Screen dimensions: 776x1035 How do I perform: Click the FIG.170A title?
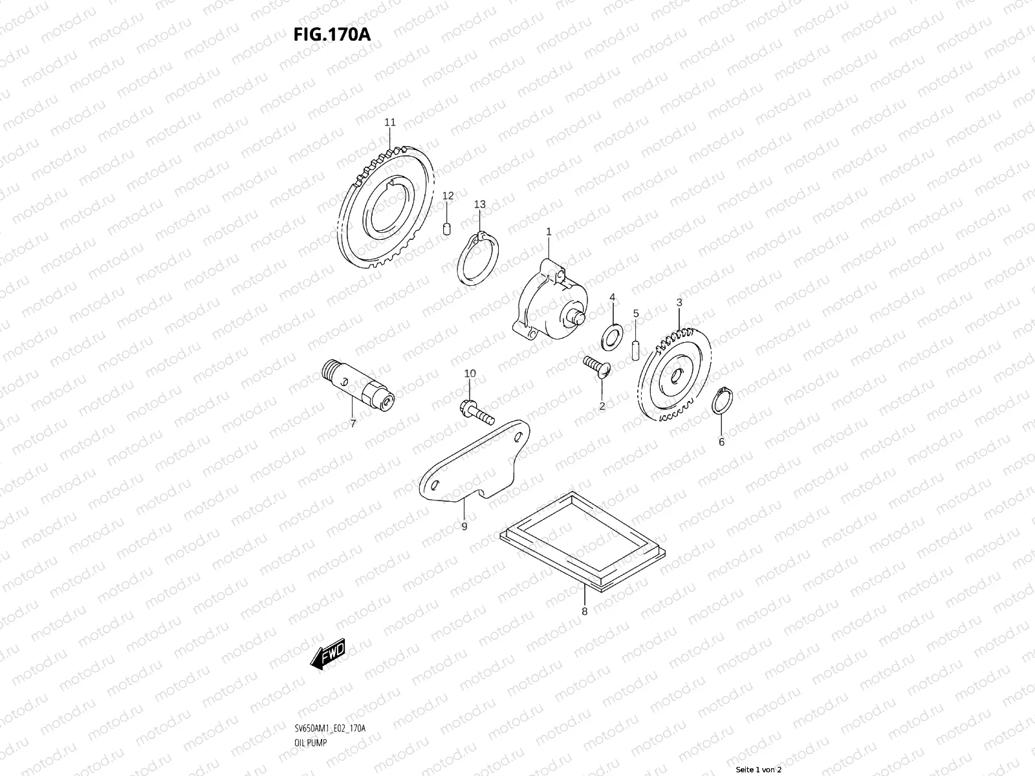click(x=332, y=34)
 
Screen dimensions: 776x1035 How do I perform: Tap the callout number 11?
click(x=389, y=122)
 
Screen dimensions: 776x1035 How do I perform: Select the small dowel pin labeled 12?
click(x=447, y=229)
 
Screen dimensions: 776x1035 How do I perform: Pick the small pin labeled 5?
click(x=635, y=347)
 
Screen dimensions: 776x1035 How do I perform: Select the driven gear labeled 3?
click(x=676, y=375)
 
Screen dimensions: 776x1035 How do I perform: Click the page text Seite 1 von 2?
click(x=759, y=770)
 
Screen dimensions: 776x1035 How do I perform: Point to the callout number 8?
click(x=584, y=610)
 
